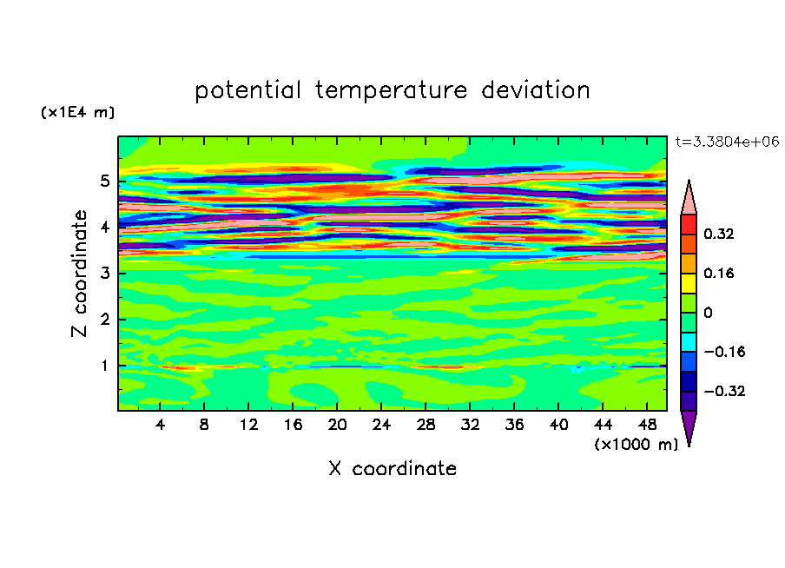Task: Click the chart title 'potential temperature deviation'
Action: tap(392, 90)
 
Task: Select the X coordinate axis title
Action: tap(392, 469)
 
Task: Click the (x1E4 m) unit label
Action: tap(77, 113)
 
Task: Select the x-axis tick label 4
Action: tap(161, 425)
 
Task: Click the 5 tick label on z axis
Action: tap(105, 182)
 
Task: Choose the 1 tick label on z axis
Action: tap(105, 366)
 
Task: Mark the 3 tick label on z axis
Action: tap(105, 274)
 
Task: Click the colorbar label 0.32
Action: tap(720, 234)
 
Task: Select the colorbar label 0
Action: tap(709, 313)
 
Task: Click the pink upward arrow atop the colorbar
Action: tap(689, 198)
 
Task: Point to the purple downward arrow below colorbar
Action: tap(689, 426)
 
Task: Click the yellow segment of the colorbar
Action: tap(689, 282)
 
